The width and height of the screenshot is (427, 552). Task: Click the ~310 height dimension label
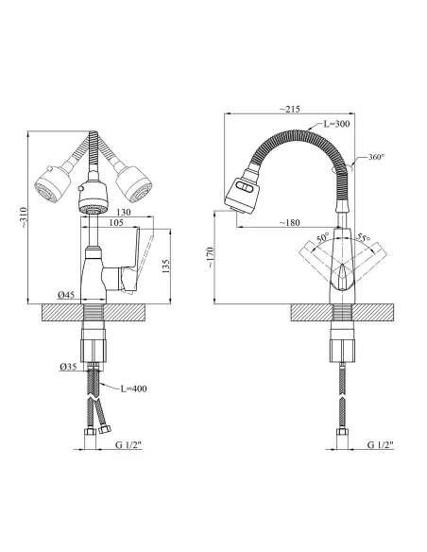pos(24,218)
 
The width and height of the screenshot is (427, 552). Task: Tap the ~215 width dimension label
pos(290,109)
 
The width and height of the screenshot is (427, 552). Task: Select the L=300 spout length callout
pos(336,124)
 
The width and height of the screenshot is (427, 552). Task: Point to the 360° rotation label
pos(376,157)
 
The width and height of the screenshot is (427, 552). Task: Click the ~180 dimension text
pos(289,222)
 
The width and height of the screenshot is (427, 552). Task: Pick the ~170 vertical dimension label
pos(210,257)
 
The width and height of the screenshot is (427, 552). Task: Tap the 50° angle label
pos(323,237)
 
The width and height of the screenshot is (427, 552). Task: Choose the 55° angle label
pos(363,237)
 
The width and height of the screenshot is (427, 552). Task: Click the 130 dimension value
pos(123,213)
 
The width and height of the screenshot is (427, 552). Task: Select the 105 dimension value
pos(116,222)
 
